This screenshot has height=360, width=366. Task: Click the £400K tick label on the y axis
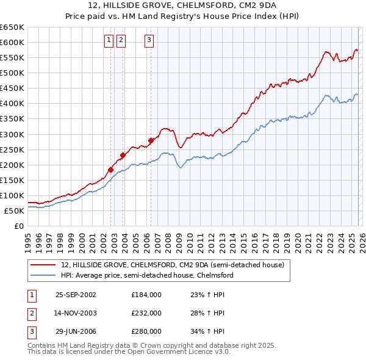coord(12,103)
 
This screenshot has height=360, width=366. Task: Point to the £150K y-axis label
coord(12,180)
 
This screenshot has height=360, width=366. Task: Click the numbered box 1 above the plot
coord(109,41)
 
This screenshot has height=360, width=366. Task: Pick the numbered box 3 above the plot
coord(149,41)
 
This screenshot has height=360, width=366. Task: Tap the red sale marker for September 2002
coord(111,170)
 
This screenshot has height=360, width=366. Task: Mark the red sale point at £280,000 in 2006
coord(151,140)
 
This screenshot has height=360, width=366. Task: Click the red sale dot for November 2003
coord(123,155)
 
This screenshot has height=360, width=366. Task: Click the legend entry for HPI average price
coord(147,275)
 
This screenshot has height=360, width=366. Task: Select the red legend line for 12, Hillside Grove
coord(43,265)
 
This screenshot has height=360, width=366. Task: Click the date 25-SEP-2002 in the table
coord(76,294)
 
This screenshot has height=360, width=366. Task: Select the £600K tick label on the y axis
coord(12,42)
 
